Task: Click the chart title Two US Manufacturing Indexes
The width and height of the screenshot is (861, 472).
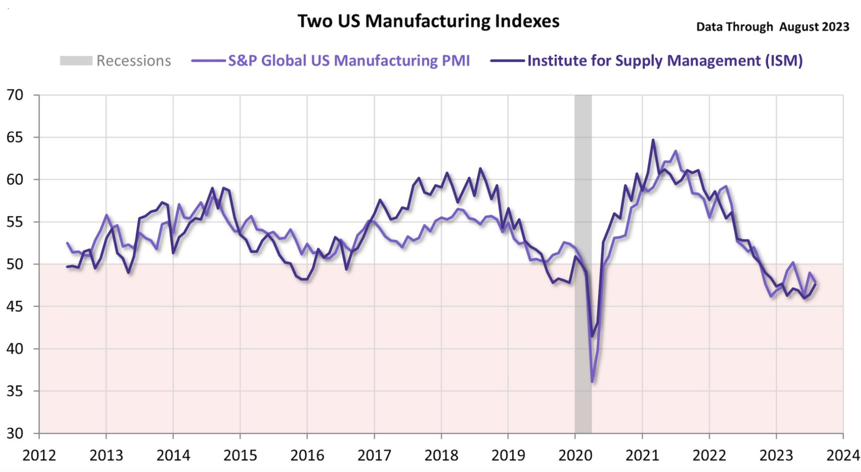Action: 428,21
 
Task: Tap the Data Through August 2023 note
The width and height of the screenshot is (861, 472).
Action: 772,27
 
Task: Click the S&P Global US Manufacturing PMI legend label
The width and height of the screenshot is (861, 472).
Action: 349,61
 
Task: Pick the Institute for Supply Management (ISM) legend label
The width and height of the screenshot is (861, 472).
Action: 665,61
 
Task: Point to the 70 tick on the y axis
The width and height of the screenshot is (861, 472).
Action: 15,95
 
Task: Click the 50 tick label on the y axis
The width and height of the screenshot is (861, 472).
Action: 15,264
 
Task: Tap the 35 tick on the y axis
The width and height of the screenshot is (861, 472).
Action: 15,391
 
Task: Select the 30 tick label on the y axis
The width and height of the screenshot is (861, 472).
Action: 15,433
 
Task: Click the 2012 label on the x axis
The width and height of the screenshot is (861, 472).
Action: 39,455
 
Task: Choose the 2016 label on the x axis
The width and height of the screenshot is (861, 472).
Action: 307,455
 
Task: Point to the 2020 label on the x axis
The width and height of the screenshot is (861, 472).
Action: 575,455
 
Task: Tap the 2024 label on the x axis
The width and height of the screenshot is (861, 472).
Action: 843,455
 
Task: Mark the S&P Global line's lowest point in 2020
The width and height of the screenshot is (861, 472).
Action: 592,382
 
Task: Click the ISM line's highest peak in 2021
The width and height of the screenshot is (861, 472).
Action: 653,140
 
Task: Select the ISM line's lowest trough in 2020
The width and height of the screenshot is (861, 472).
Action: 592,336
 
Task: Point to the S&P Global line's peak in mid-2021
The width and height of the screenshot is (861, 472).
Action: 675,151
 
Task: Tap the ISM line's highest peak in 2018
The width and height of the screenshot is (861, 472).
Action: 480,168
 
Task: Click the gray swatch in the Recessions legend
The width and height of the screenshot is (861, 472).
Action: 76,61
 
